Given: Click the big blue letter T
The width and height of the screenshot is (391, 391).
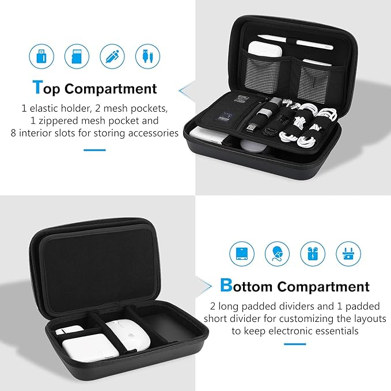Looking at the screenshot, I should pos(37,88).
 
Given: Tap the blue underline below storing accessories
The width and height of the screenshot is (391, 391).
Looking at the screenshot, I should pos(94,150).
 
